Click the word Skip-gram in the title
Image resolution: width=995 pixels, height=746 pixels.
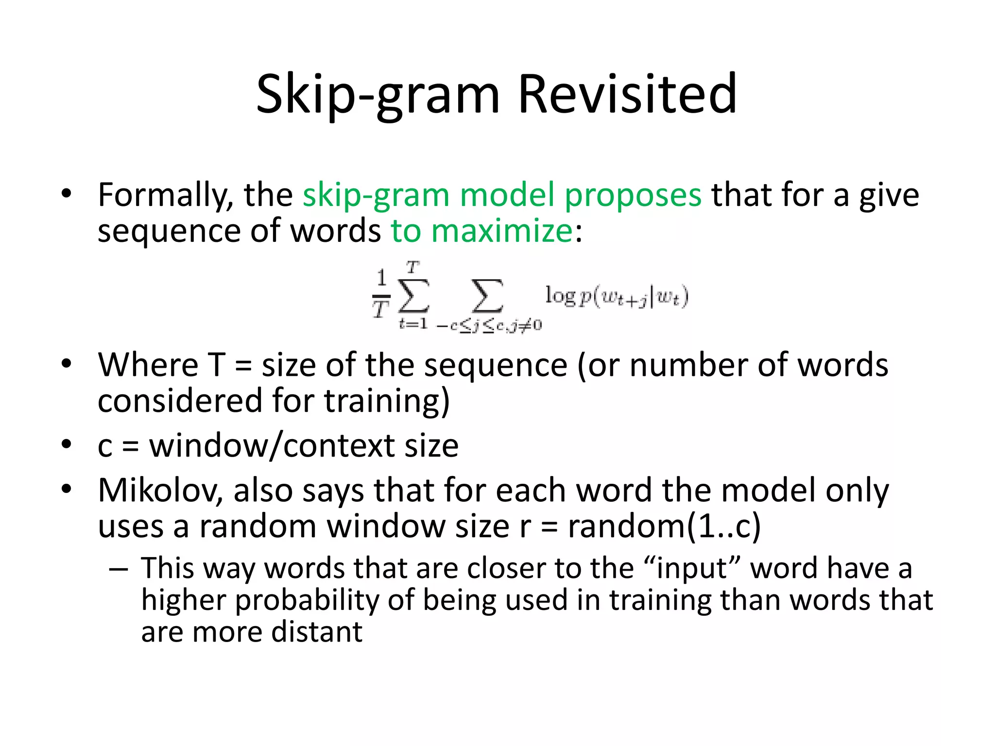[x=377, y=94]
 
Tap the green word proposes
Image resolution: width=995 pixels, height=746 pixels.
[x=633, y=195]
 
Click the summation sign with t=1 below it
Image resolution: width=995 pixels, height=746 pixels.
[x=413, y=295]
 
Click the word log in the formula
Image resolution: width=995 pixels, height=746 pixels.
[x=560, y=295]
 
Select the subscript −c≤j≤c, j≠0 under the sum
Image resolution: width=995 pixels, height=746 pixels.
[x=489, y=325]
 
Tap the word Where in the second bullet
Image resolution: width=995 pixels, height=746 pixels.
[x=148, y=365]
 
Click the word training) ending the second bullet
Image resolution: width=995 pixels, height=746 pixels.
[x=387, y=401]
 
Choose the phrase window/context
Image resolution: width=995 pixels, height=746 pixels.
[x=272, y=445]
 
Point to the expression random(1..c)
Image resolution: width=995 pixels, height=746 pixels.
[x=664, y=526]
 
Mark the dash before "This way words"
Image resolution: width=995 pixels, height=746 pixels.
[x=118, y=568]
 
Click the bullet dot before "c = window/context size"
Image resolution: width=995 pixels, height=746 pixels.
[x=67, y=444]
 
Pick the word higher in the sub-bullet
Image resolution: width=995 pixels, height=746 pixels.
[x=184, y=600]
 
